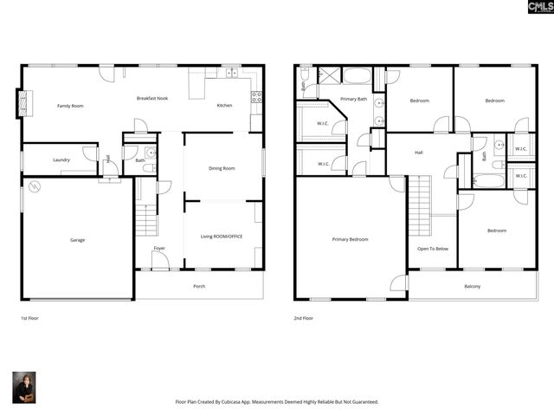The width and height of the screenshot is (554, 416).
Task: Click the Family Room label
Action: point(70,106)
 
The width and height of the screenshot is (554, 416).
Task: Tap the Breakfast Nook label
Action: point(151,98)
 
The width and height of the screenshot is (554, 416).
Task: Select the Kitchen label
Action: point(224,106)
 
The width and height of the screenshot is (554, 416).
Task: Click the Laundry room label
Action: point(61,159)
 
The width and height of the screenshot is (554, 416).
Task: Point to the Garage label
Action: point(77,240)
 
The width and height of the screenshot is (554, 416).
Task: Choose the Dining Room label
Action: point(222,168)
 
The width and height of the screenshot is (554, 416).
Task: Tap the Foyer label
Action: point(159,249)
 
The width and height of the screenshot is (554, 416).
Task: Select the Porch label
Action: point(199,285)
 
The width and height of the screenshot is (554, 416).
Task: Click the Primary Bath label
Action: point(353,100)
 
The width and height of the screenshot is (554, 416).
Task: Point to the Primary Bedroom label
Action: point(351,239)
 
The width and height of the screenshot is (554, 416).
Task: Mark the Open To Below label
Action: point(432,249)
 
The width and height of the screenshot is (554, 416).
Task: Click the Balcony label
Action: point(472,286)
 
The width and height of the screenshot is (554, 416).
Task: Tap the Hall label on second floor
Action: point(419,153)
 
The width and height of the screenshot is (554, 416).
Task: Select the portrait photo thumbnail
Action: point(24,387)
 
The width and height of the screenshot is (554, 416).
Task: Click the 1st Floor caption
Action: point(29,318)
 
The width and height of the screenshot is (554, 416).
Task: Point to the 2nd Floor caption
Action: point(303,318)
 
